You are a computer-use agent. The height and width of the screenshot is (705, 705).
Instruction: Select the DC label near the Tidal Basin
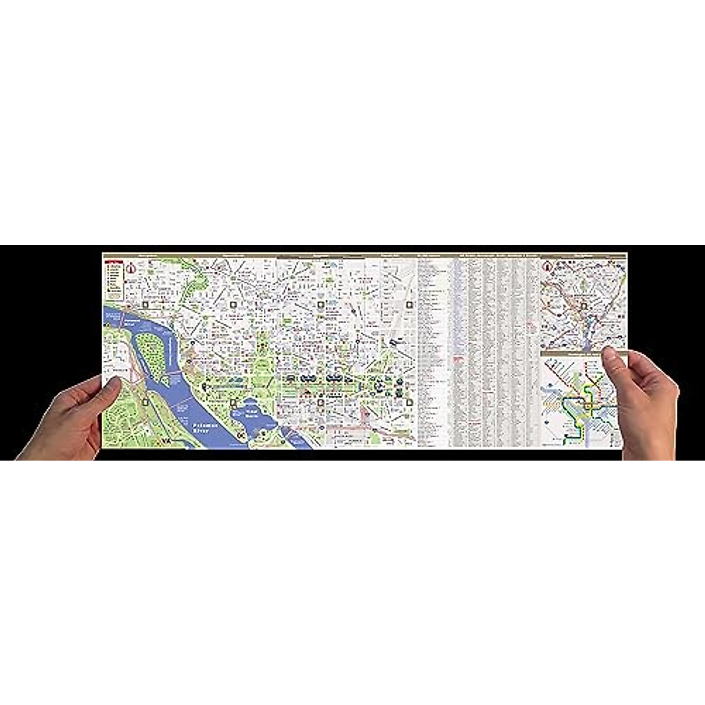pyautogui.click(x=241, y=436)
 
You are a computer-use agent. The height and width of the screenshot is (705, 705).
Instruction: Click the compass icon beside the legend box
pyautogui.click(x=132, y=268)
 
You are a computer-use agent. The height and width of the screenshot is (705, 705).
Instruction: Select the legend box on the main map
pyautogui.click(x=115, y=277)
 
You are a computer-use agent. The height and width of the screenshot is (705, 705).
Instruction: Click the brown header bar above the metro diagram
pyautogui.click(x=573, y=354)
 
